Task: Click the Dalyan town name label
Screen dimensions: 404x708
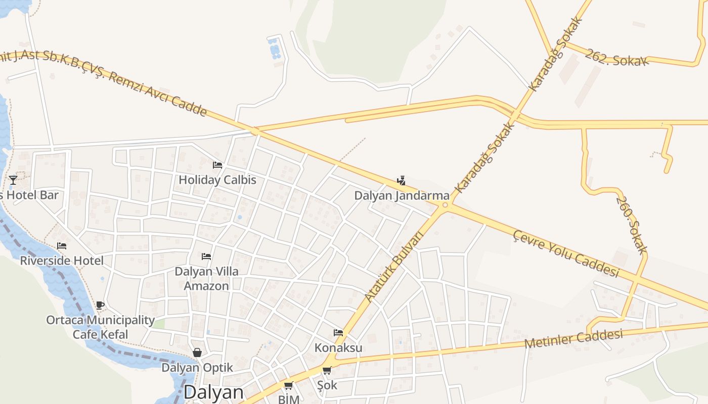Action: [x=213, y=393]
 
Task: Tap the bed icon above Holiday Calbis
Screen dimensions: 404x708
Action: [x=217, y=165]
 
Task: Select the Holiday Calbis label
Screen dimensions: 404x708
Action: [x=217, y=180]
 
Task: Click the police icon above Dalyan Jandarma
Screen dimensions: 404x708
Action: [x=401, y=180]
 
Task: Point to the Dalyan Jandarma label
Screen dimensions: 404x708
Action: [x=402, y=195]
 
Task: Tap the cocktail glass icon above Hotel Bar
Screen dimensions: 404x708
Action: [x=13, y=180]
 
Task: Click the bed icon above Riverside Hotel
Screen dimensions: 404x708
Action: [x=62, y=246]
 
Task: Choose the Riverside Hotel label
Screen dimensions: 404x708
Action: [x=62, y=261]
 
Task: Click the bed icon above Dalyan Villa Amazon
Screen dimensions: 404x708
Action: [x=206, y=257]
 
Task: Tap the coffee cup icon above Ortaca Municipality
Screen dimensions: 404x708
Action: [x=100, y=305]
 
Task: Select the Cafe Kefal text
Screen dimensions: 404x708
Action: [x=100, y=334]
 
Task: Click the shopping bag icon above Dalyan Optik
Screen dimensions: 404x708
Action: [x=197, y=352]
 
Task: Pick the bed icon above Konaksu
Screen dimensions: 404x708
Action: [x=338, y=333]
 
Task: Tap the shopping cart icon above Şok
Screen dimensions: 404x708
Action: [x=327, y=371]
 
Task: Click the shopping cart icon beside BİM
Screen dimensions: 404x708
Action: [x=288, y=386]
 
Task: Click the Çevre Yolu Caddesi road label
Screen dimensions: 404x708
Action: [x=566, y=254]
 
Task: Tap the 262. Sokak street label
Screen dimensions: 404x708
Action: [x=616, y=58]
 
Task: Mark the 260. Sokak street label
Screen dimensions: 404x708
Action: [x=632, y=225]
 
